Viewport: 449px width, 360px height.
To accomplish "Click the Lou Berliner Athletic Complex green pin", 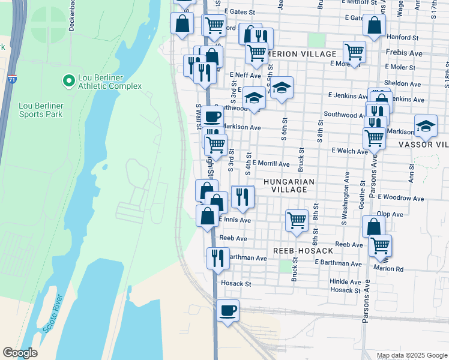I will click(x=68, y=80).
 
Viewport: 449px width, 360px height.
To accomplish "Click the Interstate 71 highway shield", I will click(x=12, y=79).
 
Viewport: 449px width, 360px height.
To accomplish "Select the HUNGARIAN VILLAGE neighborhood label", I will click(x=285, y=185).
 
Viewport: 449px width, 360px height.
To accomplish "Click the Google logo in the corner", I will click(x=20, y=353).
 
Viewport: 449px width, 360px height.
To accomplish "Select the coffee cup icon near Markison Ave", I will click(x=211, y=116).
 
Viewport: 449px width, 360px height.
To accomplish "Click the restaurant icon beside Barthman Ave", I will click(x=217, y=258).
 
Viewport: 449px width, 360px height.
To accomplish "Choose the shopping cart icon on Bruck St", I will click(x=297, y=220).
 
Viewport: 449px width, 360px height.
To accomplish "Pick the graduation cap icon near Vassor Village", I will click(x=425, y=126).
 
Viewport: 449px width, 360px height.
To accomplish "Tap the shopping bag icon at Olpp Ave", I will click(x=373, y=227).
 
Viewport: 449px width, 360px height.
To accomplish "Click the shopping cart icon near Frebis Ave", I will click(x=354, y=52).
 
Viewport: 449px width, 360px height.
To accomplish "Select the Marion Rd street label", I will click(x=391, y=269).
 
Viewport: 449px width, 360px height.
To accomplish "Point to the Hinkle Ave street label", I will click(x=345, y=281).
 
